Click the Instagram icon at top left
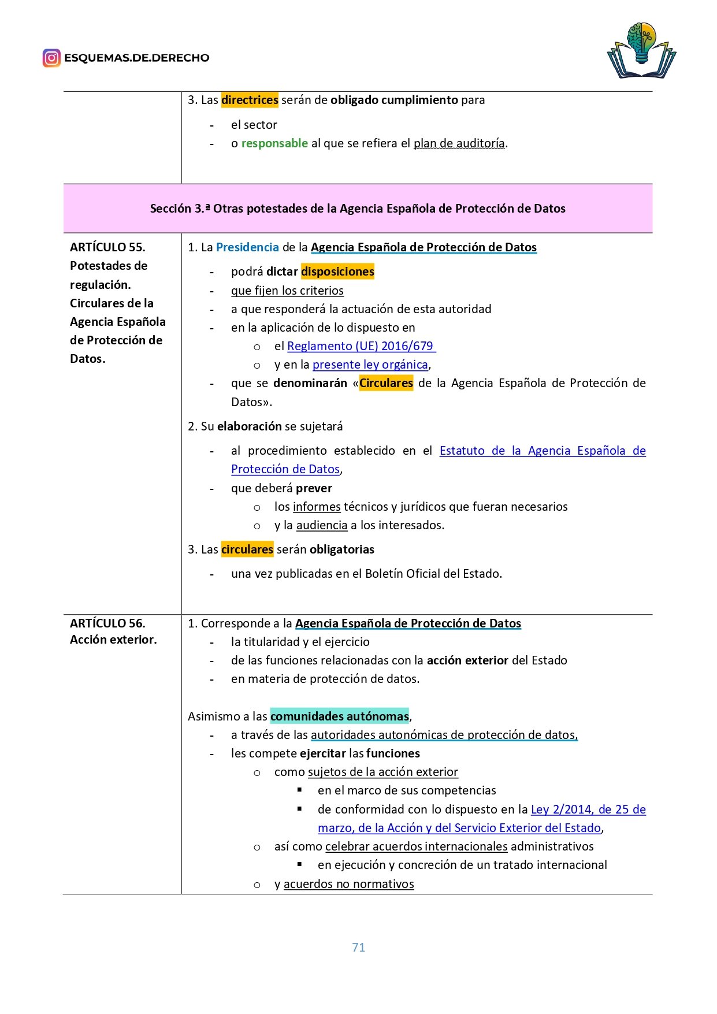point(51,58)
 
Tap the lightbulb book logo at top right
point(641,51)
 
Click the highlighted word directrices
point(250,100)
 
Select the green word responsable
point(274,143)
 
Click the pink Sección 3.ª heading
point(358,209)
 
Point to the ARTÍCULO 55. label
point(107,247)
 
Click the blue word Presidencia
point(247,247)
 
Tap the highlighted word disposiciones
point(337,272)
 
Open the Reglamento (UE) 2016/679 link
point(361,346)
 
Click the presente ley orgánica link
point(370,365)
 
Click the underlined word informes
point(316,507)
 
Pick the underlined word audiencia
point(321,525)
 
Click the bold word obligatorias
point(341,549)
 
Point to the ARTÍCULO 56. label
point(107,623)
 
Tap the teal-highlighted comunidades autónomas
point(339,716)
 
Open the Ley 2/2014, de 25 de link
point(588,809)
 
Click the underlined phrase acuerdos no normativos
point(348,884)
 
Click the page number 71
point(358,947)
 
